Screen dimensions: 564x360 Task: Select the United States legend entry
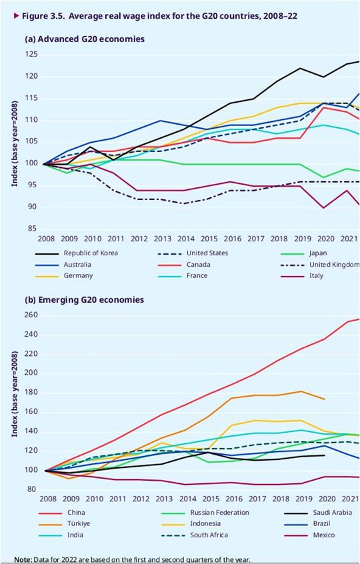pos(208,253)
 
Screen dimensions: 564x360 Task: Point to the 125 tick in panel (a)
pos(31,55)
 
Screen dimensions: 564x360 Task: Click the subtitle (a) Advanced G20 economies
pos(84,39)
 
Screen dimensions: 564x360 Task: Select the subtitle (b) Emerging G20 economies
pos(84,300)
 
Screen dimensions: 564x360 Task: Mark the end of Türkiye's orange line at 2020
pos(325,399)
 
